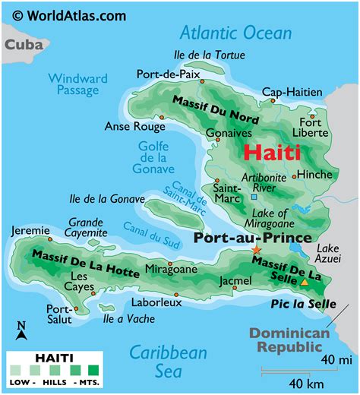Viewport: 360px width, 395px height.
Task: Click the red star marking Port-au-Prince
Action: pos(256,250)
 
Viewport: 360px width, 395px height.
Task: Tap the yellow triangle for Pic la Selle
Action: pos(305,283)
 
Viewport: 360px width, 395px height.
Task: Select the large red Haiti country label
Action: pos(271,151)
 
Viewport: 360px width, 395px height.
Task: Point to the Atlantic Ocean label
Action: pos(235,33)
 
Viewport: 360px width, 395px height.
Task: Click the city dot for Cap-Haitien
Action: pos(291,104)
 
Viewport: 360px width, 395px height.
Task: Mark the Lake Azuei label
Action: pos(328,253)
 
